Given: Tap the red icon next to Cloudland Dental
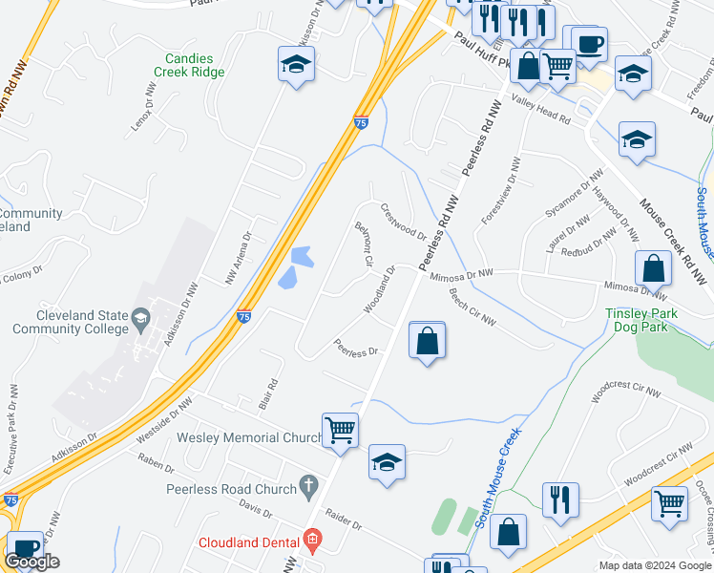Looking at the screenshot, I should pyautogui.click(x=311, y=541).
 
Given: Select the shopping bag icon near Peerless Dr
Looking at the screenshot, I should pyautogui.click(x=427, y=340).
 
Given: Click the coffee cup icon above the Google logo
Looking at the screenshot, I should pyautogui.click(x=25, y=547).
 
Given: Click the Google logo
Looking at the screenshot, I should pyautogui.click(x=31, y=562).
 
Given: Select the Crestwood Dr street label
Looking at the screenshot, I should pyautogui.click(x=403, y=222).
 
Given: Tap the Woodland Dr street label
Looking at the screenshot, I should pyautogui.click(x=380, y=290).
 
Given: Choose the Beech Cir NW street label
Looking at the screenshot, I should pyautogui.click(x=472, y=306).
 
